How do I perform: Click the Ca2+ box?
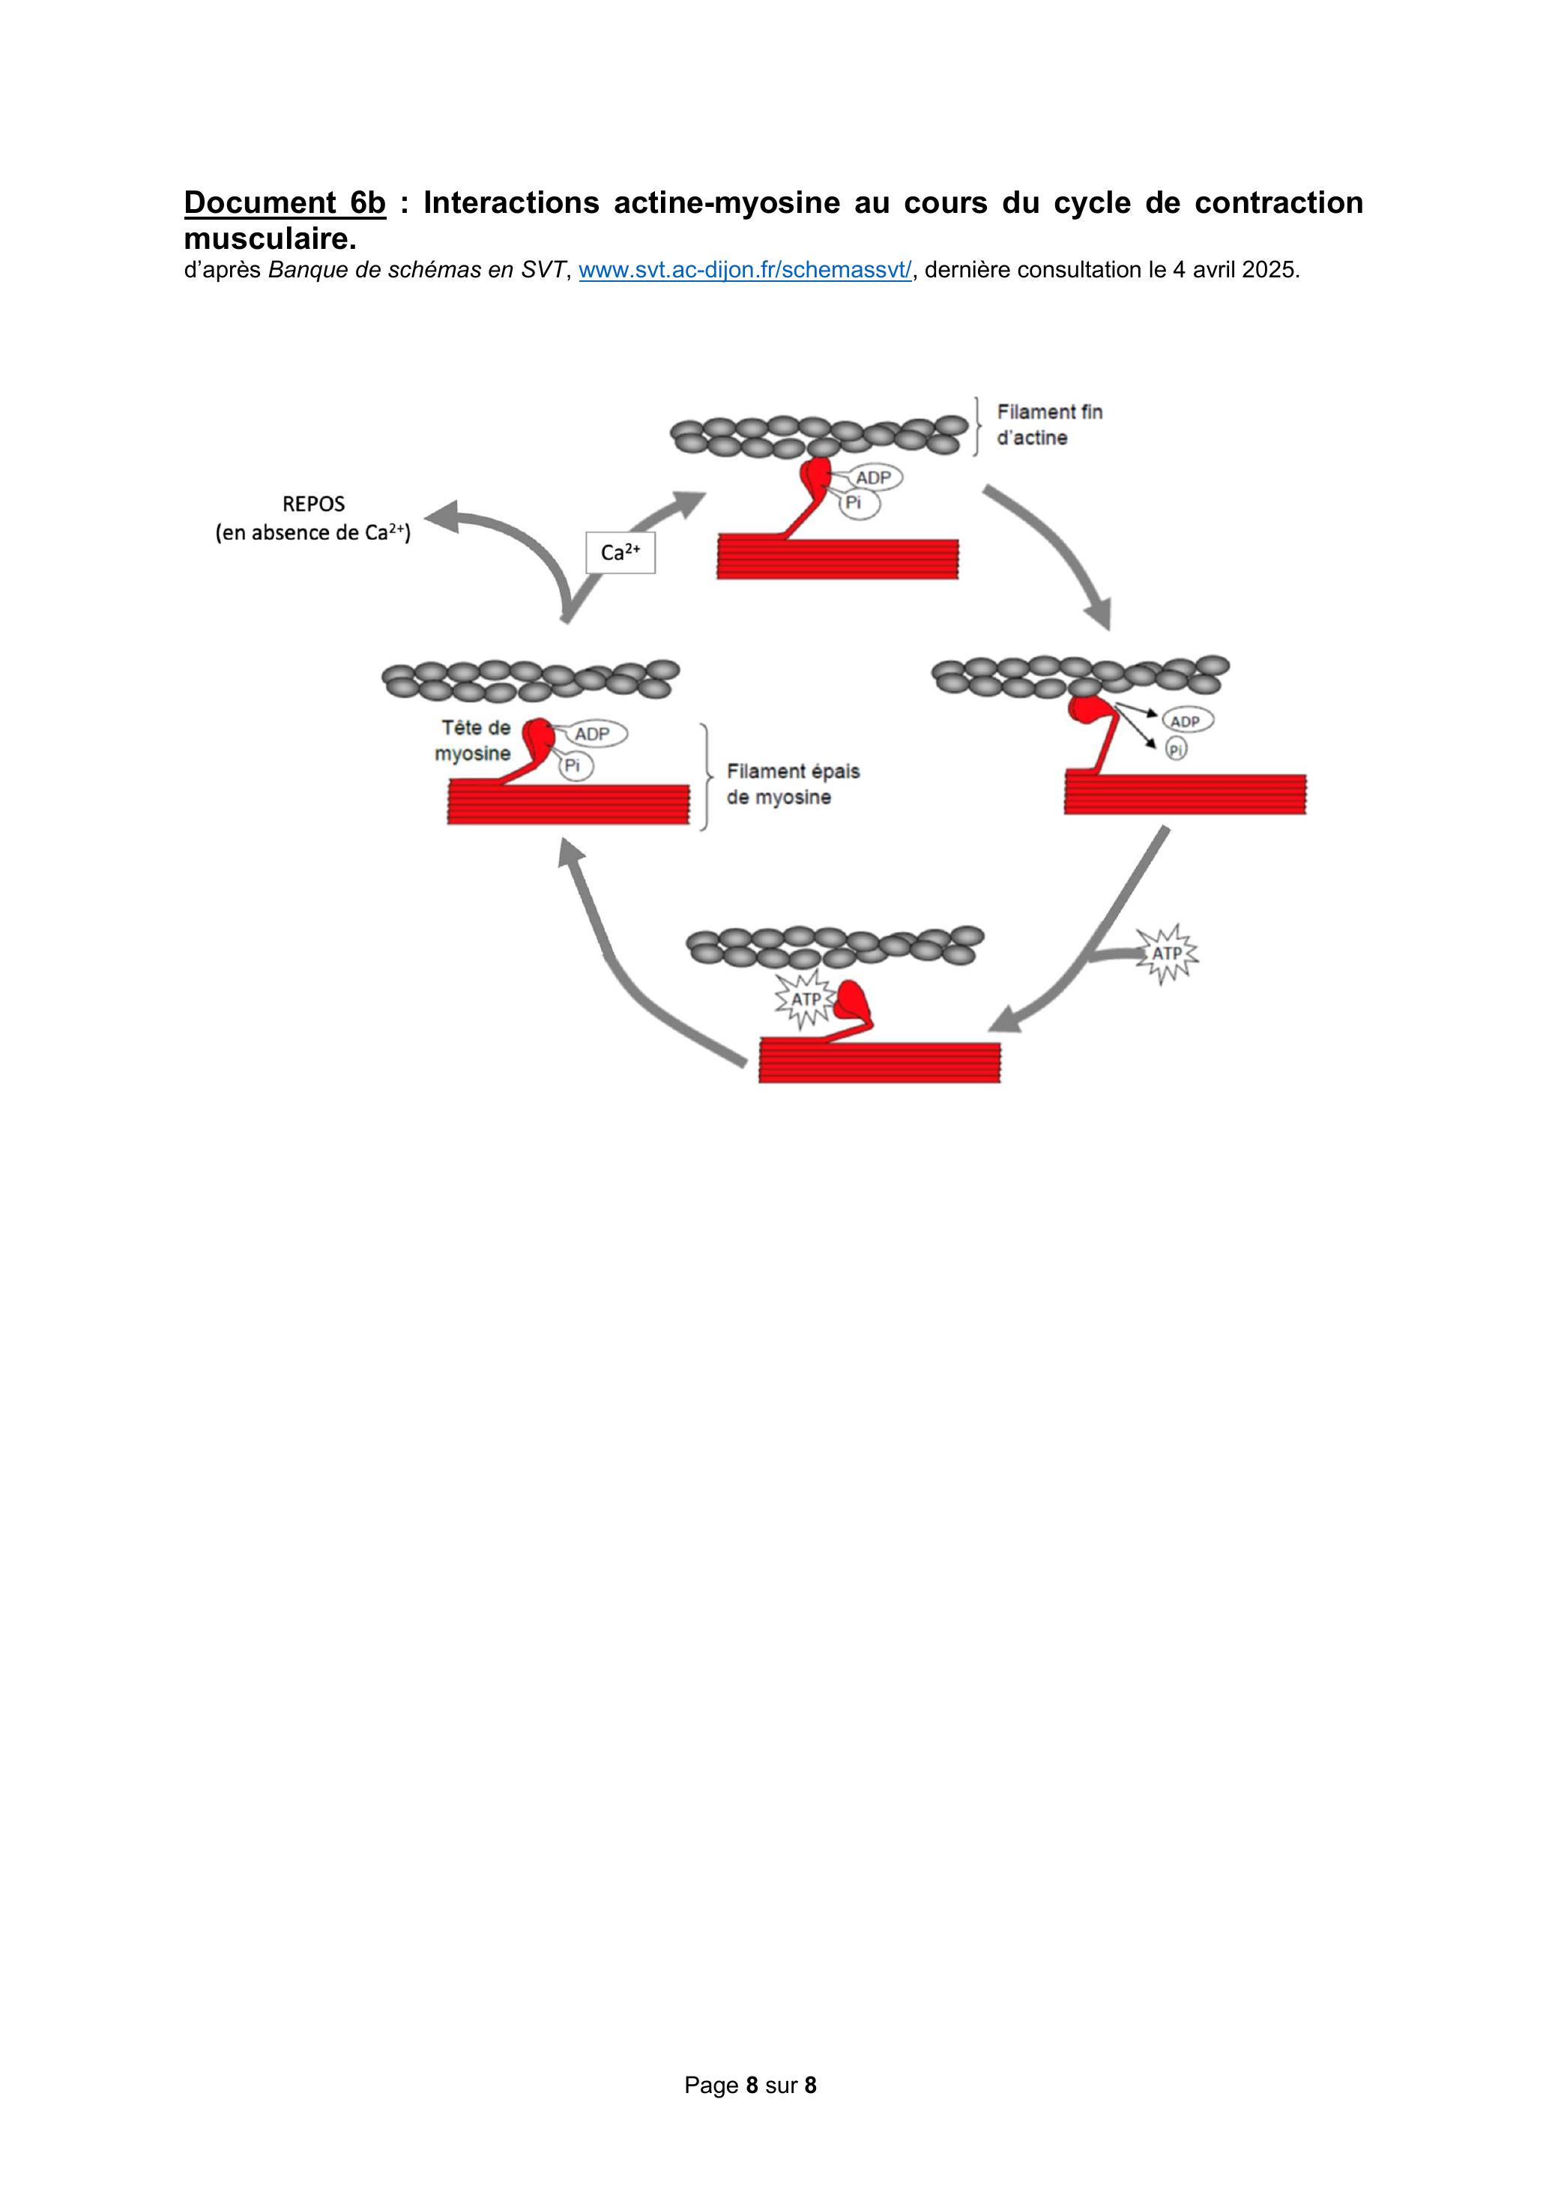tap(620, 552)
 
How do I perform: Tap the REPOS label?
tap(314, 503)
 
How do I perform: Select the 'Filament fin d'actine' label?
tap(1050, 425)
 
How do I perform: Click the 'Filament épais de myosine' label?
tap(793, 784)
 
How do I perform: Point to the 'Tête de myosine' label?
tap(474, 740)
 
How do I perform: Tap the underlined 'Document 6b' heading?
tap(285, 202)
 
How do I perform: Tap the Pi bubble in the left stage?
tap(573, 765)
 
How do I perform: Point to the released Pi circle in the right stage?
tap(1176, 750)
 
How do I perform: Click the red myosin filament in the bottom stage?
tap(879, 1062)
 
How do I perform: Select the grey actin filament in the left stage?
tap(531, 678)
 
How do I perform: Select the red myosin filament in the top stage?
tap(837, 558)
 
